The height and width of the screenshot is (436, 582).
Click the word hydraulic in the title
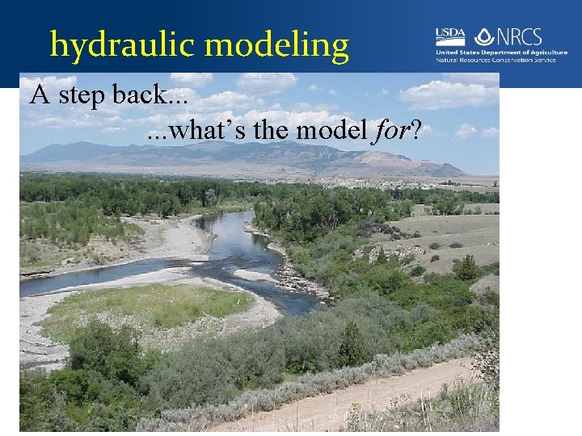[x=112, y=44]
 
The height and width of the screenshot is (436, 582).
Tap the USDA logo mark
[x=450, y=36]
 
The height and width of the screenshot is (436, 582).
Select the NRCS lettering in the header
[x=518, y=36]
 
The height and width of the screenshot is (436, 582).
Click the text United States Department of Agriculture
[x=501, y=52]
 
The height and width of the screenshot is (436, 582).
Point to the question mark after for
[x=415, y=130]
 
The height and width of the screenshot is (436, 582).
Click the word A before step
[x=37, y=97]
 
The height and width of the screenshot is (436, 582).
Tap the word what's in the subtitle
[x=195, y=130]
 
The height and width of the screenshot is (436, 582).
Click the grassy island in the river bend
[x=154, y=307]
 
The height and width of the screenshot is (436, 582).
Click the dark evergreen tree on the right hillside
[x=466, y=267]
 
